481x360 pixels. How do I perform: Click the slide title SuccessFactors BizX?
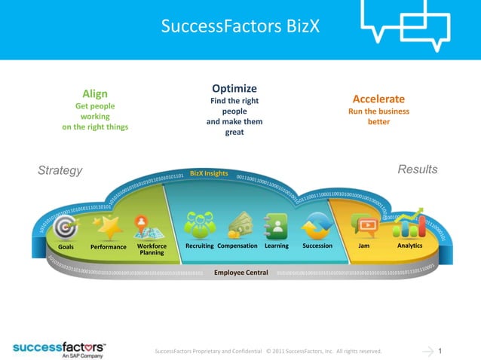(240, 27)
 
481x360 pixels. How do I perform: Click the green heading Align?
(95, 93)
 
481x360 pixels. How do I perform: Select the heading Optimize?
(234, 88)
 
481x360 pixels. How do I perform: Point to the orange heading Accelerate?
(378, 99)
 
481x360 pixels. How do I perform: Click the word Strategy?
(60, 170)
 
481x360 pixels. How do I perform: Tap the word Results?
(417, 169)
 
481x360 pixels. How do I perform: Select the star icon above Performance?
(109, 226)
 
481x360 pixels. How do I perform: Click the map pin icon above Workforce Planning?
(141, 225)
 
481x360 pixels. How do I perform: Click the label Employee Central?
(241, 272)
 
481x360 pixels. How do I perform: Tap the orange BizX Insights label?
(209, 173)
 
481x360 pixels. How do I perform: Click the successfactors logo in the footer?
(60, 348)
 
